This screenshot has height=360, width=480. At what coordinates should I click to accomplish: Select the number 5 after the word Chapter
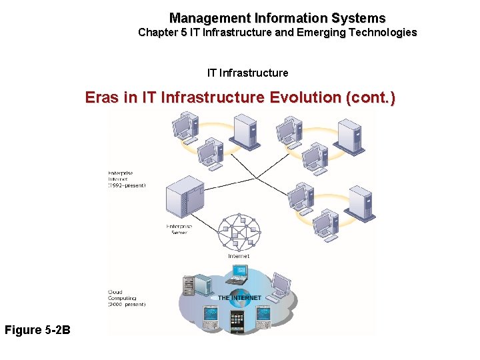183,32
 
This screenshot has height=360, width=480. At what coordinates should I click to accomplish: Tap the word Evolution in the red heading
305,97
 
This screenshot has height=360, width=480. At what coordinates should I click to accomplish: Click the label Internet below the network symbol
239,256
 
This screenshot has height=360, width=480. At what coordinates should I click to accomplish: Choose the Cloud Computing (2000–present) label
127,298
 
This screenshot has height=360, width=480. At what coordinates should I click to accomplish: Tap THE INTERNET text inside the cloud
240,297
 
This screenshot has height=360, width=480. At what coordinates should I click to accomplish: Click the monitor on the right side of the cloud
280,286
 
